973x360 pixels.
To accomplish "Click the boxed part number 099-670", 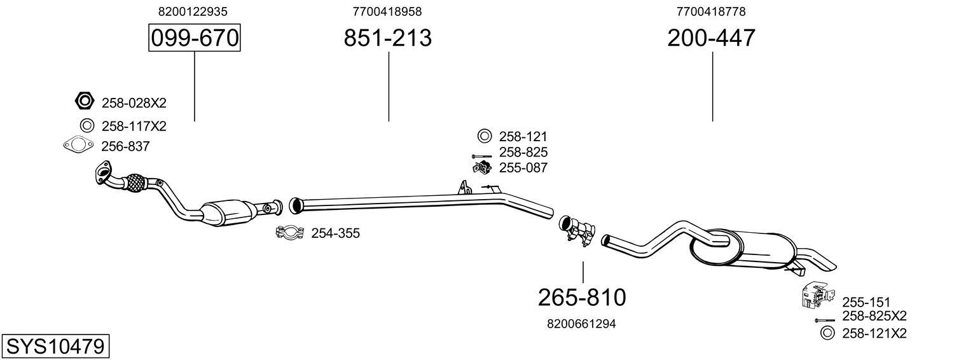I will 194,38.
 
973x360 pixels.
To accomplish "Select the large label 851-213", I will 387,38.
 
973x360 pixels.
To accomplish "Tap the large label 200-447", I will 711,38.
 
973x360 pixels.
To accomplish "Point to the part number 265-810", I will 582,297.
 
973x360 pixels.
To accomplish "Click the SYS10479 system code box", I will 55,347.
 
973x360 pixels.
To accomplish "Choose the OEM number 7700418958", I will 387,11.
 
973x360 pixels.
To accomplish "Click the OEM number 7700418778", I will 711,11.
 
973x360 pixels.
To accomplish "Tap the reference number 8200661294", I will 581,324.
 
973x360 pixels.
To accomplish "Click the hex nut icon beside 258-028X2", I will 85,101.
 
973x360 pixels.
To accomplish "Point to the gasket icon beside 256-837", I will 78,146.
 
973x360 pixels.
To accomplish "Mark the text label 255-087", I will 523,168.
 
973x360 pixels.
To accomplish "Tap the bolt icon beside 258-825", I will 481,155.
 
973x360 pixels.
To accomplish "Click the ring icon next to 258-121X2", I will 827,332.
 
